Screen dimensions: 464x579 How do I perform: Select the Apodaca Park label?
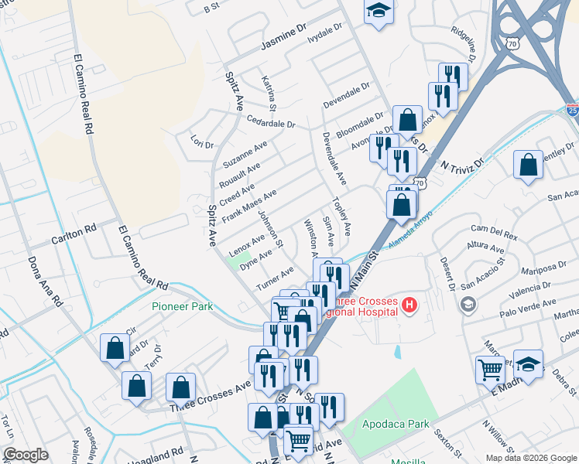(396, 424)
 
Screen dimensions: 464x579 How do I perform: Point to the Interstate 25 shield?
(571, 110)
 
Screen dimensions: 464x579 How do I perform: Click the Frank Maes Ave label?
(248, 206)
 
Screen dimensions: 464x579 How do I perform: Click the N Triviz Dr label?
(462, 165)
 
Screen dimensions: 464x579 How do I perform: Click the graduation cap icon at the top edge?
(379, 12)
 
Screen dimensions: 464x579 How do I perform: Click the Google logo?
(26, 454)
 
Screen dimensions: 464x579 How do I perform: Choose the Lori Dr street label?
(201, 142)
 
